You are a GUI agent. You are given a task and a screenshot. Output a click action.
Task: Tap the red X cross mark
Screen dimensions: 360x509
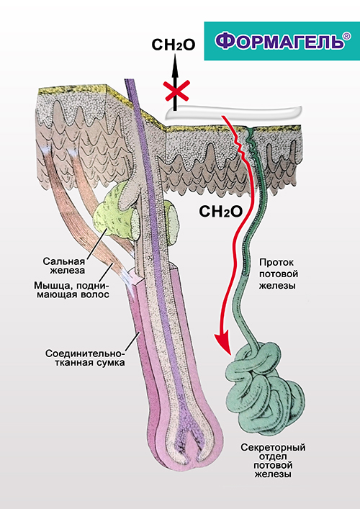176,91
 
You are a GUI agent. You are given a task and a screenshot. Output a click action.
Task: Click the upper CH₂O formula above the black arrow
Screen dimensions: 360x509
174,45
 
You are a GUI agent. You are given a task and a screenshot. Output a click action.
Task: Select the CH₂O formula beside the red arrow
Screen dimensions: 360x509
221,212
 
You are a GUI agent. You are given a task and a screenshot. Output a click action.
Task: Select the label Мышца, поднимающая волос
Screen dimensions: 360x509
73,290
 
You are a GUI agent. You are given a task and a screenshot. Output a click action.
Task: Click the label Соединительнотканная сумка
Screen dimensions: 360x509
85,358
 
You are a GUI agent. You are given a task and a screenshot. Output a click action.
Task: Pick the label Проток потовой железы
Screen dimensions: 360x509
279,274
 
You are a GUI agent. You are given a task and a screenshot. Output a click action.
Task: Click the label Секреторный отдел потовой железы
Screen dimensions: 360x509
273,461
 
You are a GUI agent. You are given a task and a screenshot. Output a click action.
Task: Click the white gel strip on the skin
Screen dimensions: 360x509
234,112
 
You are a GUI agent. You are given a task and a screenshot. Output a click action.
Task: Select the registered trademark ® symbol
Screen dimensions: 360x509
347,36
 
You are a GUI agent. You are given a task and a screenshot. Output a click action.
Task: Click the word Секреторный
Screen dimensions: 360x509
273,448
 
